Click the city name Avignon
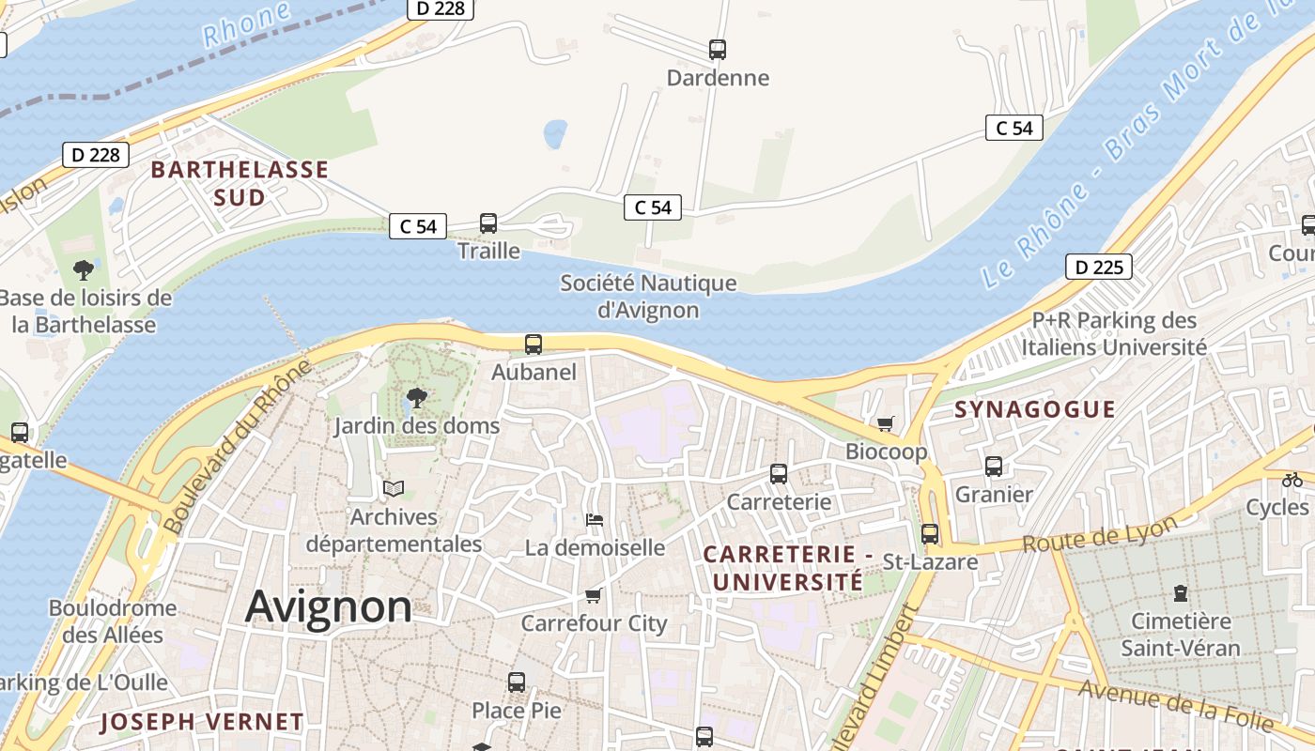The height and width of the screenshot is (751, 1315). click(328, 607)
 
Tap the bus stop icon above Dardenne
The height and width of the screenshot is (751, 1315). click(718, 50)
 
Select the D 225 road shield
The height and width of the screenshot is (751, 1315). click(1098, 268)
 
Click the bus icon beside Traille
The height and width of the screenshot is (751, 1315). click(488, 223)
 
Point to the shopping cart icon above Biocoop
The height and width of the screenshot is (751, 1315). click(886, 424)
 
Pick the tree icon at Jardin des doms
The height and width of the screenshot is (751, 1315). click(416, 398)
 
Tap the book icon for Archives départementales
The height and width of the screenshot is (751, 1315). click(394, 489)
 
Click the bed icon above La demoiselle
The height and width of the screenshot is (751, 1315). click(594, 519)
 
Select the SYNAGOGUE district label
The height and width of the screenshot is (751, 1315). click(1035, 409)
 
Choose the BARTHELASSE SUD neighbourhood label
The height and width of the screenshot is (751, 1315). click(240, 184)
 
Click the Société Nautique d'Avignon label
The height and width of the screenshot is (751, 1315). click(648, 296)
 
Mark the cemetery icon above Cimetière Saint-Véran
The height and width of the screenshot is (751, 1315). click(1181, 593)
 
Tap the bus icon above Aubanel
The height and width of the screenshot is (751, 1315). click(534, 345)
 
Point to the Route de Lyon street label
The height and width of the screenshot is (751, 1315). click(1099, 535)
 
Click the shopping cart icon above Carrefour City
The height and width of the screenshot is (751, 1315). click(593, 595)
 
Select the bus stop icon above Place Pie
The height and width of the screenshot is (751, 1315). click(517, 682)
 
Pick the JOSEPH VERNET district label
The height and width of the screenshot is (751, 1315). click(201, 722)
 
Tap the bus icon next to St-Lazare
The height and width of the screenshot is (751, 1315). click(930, 534)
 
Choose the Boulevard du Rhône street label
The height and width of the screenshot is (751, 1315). click(236, 448)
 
